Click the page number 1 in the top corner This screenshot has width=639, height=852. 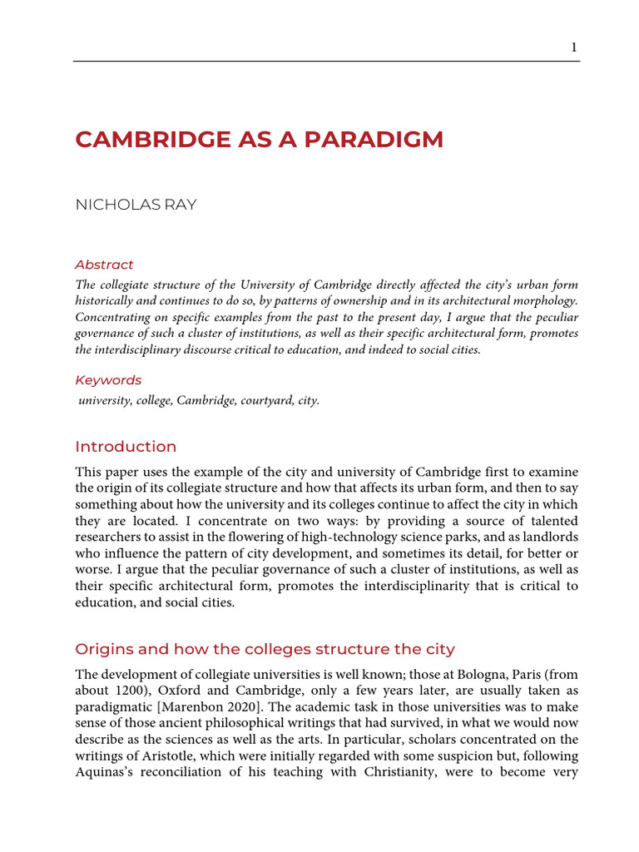pos(573,47)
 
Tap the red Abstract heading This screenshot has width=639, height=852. pos(104,265)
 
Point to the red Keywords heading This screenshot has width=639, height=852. pos(108,380)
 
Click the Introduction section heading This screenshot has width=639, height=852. pos(126,447)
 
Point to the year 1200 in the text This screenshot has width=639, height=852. pos(134,691)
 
